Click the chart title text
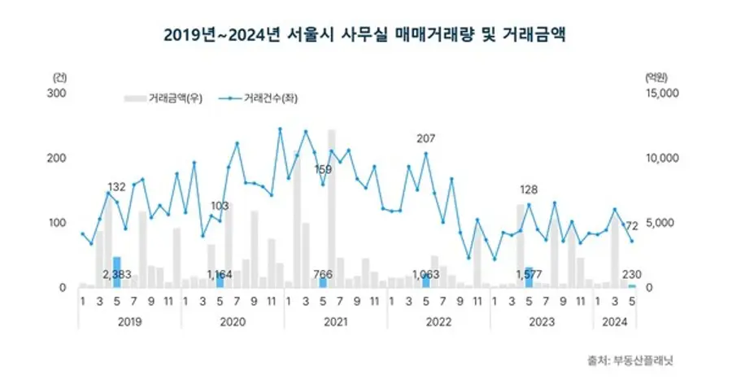[365, 34]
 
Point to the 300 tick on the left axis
[58, 94]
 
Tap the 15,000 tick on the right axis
[660, 94]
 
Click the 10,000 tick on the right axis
[660, 158]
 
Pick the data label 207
[425, 138]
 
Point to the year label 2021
[335, 322]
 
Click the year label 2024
[613, 322]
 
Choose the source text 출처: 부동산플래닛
[629, 360]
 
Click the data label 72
[631, 225]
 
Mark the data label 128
[529, 190]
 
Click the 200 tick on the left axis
[58, 158]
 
